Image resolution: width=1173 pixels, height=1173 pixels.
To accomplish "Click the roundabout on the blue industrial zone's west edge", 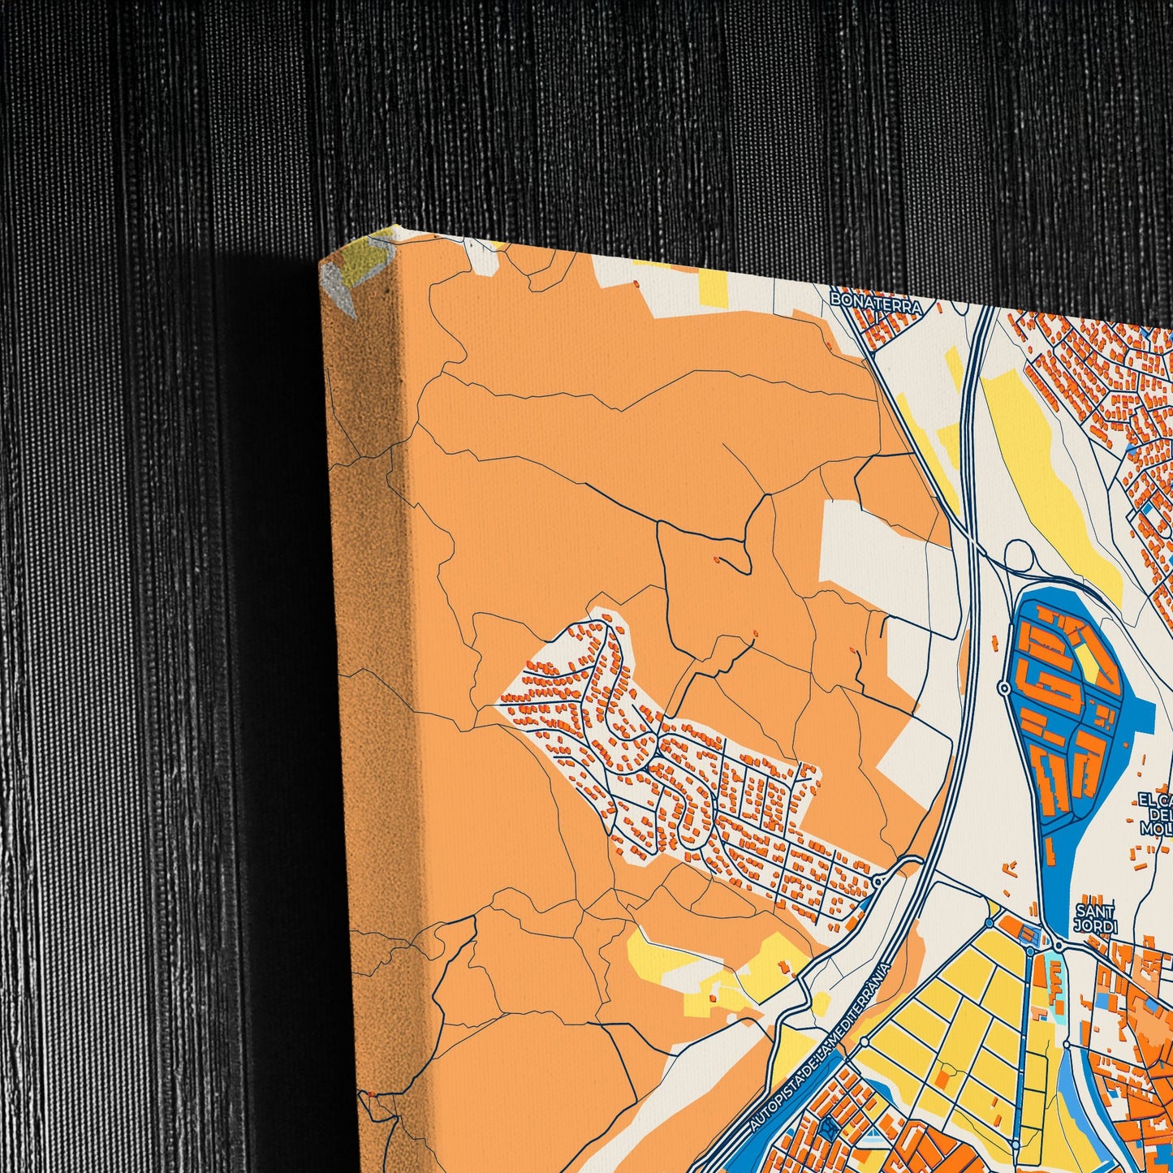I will click(1005, 688).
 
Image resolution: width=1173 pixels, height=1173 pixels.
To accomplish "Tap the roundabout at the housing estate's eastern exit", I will click(878, 882).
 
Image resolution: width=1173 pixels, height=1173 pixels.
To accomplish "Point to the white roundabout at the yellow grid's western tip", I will click(865, 1041).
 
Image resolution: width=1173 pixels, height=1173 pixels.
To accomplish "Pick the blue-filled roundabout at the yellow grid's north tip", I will click(989, 923).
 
